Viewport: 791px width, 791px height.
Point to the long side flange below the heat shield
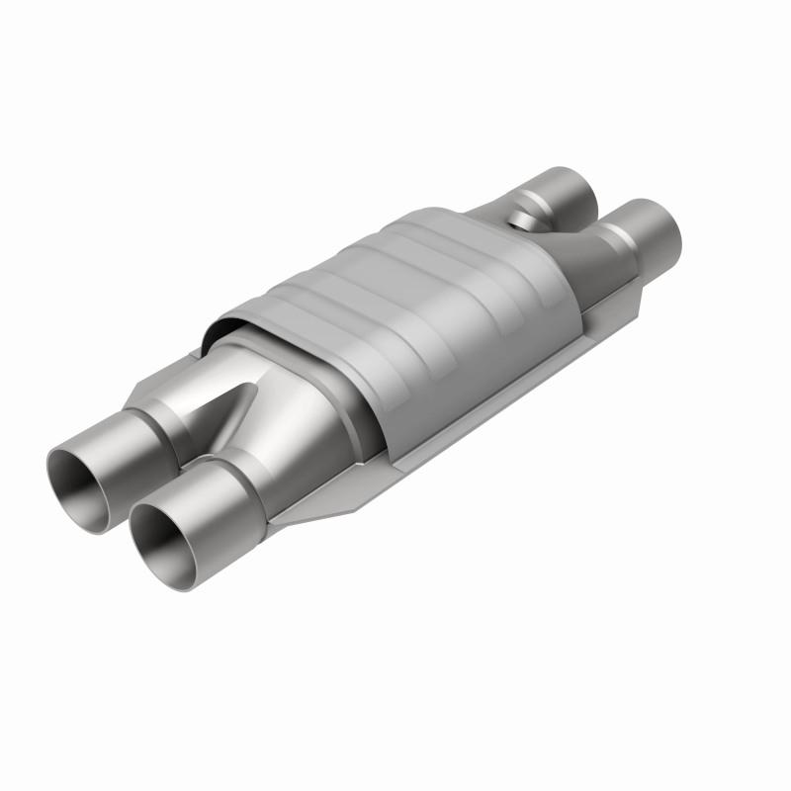click(x=475, y=415)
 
